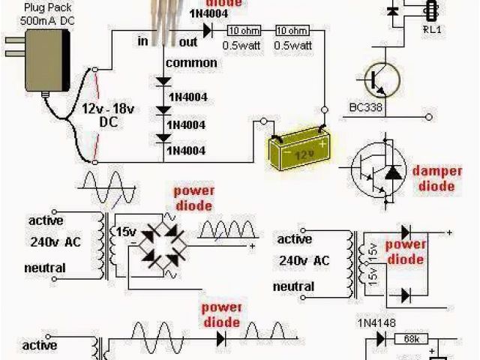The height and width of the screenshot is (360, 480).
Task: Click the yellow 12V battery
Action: point(301,151)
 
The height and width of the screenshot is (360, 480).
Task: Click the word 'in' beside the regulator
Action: point(142,42)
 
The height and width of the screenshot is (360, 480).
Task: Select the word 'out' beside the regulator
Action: point(188,42)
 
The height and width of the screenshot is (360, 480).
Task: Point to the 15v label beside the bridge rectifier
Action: point(124,232)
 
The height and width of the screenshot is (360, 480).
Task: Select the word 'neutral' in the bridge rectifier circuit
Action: point(46,268)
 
